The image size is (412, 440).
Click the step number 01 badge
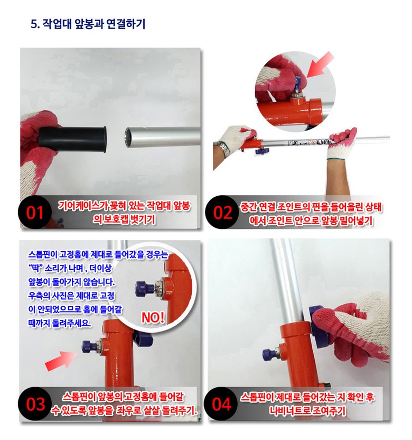pyautogui.click(x=35, y=212)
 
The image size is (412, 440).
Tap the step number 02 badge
pyautogui.click(x=222, y=212)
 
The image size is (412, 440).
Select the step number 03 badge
pyautogui.click(x=35, y=404)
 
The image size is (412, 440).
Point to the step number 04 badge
pyautogui.click(x=221, y=404)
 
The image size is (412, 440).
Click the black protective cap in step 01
pyautogui.click(x=72, y=140)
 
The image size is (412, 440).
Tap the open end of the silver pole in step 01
pyautogui.click(x=128, y=137)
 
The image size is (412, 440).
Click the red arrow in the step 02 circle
pyautogui.click(x=321, y=65)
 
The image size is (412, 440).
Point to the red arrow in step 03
pyautogui.click(x=61, y=361)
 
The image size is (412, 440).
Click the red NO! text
pyautogui.click(x=153, y=318)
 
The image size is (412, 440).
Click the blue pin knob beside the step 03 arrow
pyautogui.click(x=89, y=346)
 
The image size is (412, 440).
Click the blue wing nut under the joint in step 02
pyautogui.click(x=263, y=151)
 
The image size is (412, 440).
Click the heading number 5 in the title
pyautogui.click(x=35, y=24)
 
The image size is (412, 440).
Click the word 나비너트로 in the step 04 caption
pyautogui.click(x=289, y=411)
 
